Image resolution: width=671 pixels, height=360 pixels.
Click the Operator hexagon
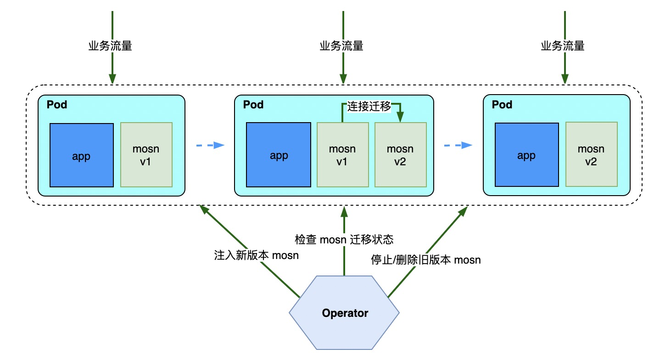[x=344, y=313]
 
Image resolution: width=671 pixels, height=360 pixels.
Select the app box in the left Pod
[x=82, y=155]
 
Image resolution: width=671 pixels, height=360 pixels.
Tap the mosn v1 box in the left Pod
[x=146, y=155]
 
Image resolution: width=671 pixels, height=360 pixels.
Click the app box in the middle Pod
[x=278, y=155]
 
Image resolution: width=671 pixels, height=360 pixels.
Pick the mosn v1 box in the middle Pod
[x=343, y=155]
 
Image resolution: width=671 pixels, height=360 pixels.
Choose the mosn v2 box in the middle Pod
[x=401, y=155]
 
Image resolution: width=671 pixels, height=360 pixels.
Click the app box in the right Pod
[x=526, y=155]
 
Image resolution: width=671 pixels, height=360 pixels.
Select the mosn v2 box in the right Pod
[x=591, y=154]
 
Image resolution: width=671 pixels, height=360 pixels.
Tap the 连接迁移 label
[x=369, y=106]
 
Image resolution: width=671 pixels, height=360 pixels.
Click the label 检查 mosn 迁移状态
[x=344, y=240]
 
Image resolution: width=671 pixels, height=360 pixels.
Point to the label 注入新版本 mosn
[x=256, y=255]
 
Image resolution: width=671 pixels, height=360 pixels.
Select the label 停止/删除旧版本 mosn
[x=425, y=259]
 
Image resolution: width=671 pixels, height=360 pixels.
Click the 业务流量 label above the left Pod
[x=110, y=46]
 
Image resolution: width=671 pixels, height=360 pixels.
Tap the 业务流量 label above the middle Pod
[x=341, y=46]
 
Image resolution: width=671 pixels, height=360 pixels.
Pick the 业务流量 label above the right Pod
[x=563, y=46]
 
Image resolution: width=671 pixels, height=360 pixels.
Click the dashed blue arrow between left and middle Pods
[x=210, y=146]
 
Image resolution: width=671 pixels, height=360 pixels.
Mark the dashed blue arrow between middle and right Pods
[x=458, y=146]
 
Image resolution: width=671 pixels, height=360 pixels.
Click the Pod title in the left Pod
[x=57, y=105]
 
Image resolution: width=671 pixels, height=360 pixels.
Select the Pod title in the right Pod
[x=502, y=105]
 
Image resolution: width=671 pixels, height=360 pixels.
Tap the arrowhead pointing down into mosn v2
[x=401, y=117]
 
